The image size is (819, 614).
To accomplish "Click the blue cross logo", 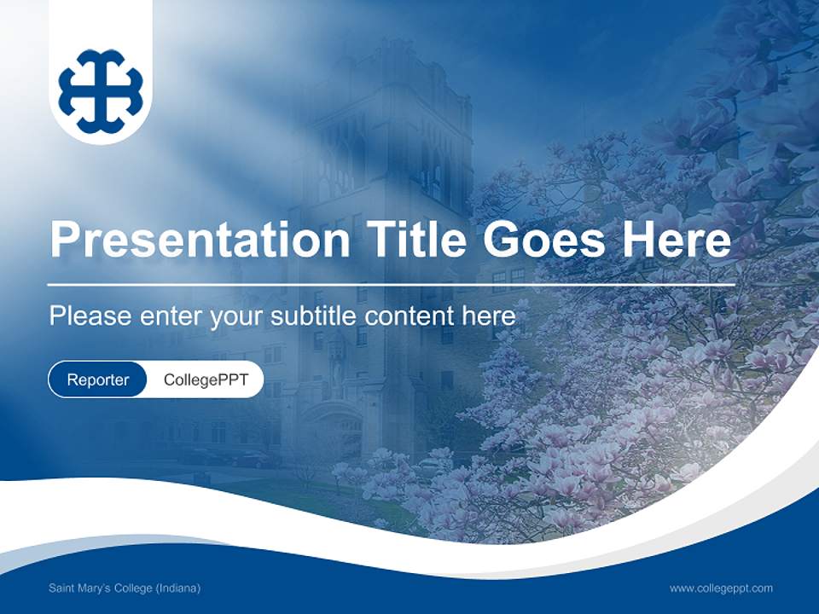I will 101,91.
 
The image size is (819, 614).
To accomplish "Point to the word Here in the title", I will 676,240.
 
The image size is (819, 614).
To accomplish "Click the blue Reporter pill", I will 97,379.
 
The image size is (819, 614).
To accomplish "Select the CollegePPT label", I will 206,379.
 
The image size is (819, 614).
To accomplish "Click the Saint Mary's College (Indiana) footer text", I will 125,588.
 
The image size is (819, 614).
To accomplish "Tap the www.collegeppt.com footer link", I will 721,588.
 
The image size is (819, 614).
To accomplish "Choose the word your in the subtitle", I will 238,316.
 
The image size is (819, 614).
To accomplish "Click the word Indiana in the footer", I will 177,588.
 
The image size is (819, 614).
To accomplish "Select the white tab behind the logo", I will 101,17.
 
